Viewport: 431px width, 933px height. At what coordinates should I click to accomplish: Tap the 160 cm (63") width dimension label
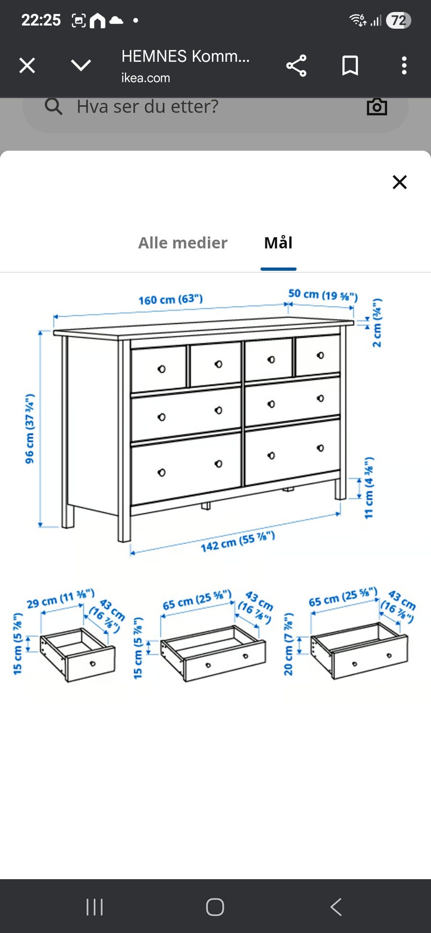(x=171, y=299)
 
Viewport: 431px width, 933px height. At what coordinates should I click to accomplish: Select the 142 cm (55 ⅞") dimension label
(x=237, y=541)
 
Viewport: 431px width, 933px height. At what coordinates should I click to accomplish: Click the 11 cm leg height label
(x=369, y=488)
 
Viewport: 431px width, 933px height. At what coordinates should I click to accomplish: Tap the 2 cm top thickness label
(x=377, y=323)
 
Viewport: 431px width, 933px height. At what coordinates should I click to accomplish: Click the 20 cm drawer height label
(x=288, y=644)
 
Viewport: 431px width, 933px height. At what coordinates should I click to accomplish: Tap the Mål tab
(x=278, y=243)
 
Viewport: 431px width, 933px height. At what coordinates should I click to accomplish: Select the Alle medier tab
(x=183, y=243)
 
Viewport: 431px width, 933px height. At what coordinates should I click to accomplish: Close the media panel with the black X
(x=400, y=182)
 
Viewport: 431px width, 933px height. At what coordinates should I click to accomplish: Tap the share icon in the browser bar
(x=296, y=65)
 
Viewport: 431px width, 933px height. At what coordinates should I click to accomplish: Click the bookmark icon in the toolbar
(x=350, y=65)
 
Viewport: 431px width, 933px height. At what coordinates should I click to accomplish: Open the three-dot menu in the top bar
(x=404, y=65)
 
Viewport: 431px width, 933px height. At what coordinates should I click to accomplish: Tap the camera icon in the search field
(x=377, y=107)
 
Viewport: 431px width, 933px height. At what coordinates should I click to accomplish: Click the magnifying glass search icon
(x=53, y=107)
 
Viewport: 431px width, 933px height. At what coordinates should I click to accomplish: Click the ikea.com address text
(x=145, y=78)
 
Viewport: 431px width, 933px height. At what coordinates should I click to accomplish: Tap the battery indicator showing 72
(x=399, y=20)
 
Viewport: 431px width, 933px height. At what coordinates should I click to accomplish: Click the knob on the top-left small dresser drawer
(x=162, y=369)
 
